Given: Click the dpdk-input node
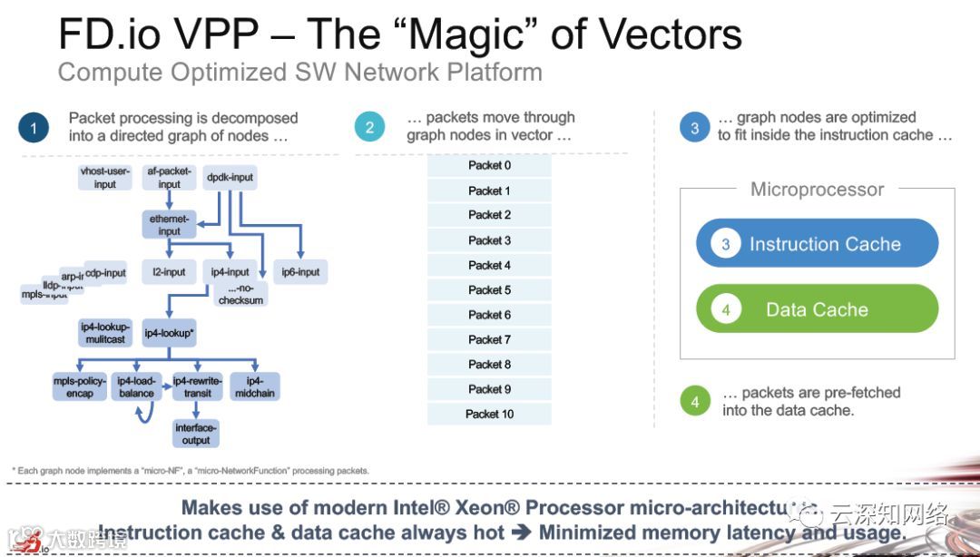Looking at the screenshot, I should tap(230, 178).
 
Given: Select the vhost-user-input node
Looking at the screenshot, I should tap(105, 178).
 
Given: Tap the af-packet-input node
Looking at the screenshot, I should tap(170, 178).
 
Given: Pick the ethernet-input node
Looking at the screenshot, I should tap(170, 225).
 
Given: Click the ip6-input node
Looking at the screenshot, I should tap(300, 271).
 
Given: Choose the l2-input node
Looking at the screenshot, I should tap(169, 271).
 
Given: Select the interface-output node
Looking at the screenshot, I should tap(196, 434).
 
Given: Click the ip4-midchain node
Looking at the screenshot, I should tap(255, 386).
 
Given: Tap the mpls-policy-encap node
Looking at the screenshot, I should tap(80, 386).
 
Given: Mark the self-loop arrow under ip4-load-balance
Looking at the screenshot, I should tap(142, 415).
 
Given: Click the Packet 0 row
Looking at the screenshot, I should tap(489, 166).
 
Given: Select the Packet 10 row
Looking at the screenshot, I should tap(489, 414).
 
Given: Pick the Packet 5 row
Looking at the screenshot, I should tap(489, 290).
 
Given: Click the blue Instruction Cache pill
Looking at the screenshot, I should tap(817, 244).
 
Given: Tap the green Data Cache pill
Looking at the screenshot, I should tap(817, 309).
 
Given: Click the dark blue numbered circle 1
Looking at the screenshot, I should tap(34, 128).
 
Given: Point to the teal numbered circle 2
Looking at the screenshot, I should tap(369, 127).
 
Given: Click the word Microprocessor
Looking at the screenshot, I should tap(817, 190).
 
